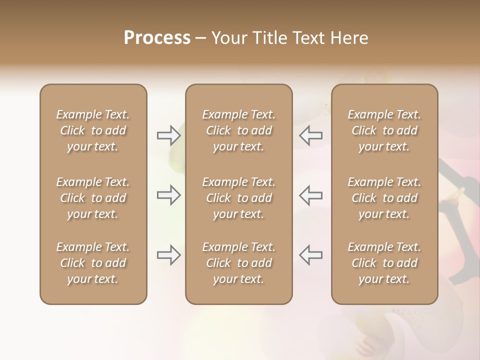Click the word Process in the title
(157, 38)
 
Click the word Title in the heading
(269, 38)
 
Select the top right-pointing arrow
(168, 135)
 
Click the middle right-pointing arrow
(168, 195)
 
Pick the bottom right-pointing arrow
(168, 255)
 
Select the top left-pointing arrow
(311, 135)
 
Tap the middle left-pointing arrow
(311, 195)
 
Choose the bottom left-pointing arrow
(311, 255)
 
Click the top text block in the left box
(93, 130)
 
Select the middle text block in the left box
(93, 198)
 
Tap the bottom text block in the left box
(93, 263)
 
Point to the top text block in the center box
(239, 130)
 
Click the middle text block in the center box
(239, 198)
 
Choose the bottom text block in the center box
(239, 263)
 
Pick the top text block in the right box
(384, 130)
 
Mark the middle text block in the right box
(384, 198)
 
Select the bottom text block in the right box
(384, 263)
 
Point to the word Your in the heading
(229, 38)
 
